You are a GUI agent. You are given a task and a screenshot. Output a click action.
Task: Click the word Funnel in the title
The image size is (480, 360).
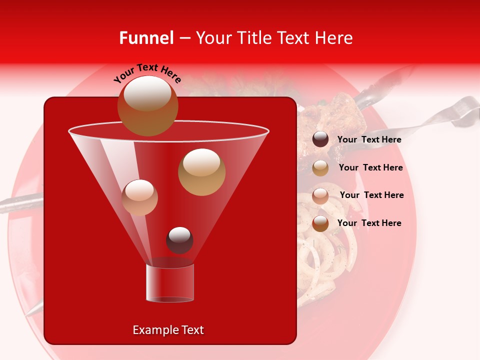click(x=146, y=38)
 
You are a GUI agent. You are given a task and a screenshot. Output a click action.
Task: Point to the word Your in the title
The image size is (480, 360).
click(x=213, y=38)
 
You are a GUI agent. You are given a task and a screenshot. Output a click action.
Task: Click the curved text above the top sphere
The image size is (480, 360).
click(x=147, y=72)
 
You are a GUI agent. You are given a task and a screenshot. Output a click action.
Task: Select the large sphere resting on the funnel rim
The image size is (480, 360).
click(x=147, y=106)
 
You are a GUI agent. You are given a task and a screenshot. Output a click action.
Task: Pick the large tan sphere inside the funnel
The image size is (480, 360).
click(x=201, y=172)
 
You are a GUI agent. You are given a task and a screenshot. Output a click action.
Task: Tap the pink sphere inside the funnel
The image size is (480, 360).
click(x=139, y=197)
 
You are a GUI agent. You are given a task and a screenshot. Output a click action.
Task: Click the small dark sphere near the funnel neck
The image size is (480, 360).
click(x=179, y=240)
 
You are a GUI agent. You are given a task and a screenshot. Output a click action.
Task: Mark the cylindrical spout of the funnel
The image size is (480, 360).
click(x=169, y=283)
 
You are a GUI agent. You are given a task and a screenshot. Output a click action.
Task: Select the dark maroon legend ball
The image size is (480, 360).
click(x=320, y=139)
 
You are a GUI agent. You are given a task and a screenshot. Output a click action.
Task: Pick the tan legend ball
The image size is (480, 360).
click(x=320, y=168)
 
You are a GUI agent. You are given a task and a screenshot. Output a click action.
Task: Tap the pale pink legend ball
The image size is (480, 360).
click(x=320, y=196)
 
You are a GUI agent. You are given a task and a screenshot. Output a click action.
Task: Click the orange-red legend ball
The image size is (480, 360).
click(x=320, y=223)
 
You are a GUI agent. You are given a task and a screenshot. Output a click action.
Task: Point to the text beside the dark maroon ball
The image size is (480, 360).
click(x=369, y=139)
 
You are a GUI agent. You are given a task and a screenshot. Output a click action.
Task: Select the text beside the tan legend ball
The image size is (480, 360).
click(x=370, y=167)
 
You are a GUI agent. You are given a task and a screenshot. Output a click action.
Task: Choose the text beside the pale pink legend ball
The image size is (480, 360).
click(x=371, y=195)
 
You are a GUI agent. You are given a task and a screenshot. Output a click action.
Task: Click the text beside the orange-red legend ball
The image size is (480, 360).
click(x=369, y=223)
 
